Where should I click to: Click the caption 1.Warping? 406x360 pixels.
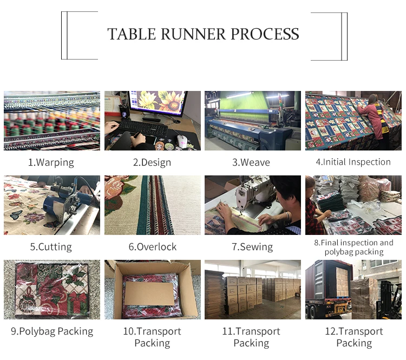(x=51, y=162)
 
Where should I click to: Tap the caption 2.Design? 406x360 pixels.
(x=152, y=162)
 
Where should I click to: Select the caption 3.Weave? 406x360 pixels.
(x=251, y=162)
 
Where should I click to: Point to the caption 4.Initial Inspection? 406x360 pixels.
(x=353, y=162)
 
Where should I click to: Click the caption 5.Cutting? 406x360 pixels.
(x=51, y=247)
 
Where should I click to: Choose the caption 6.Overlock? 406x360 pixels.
(x=152, y=247)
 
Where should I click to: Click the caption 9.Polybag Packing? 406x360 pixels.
(x=52, y=331)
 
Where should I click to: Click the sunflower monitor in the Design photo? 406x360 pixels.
(x=159, y=105)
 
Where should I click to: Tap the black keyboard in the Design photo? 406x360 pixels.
(x=143, y=128)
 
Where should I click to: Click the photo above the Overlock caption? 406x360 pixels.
(x=152, y=205)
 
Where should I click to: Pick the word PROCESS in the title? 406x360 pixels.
(x=265, y=34)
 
